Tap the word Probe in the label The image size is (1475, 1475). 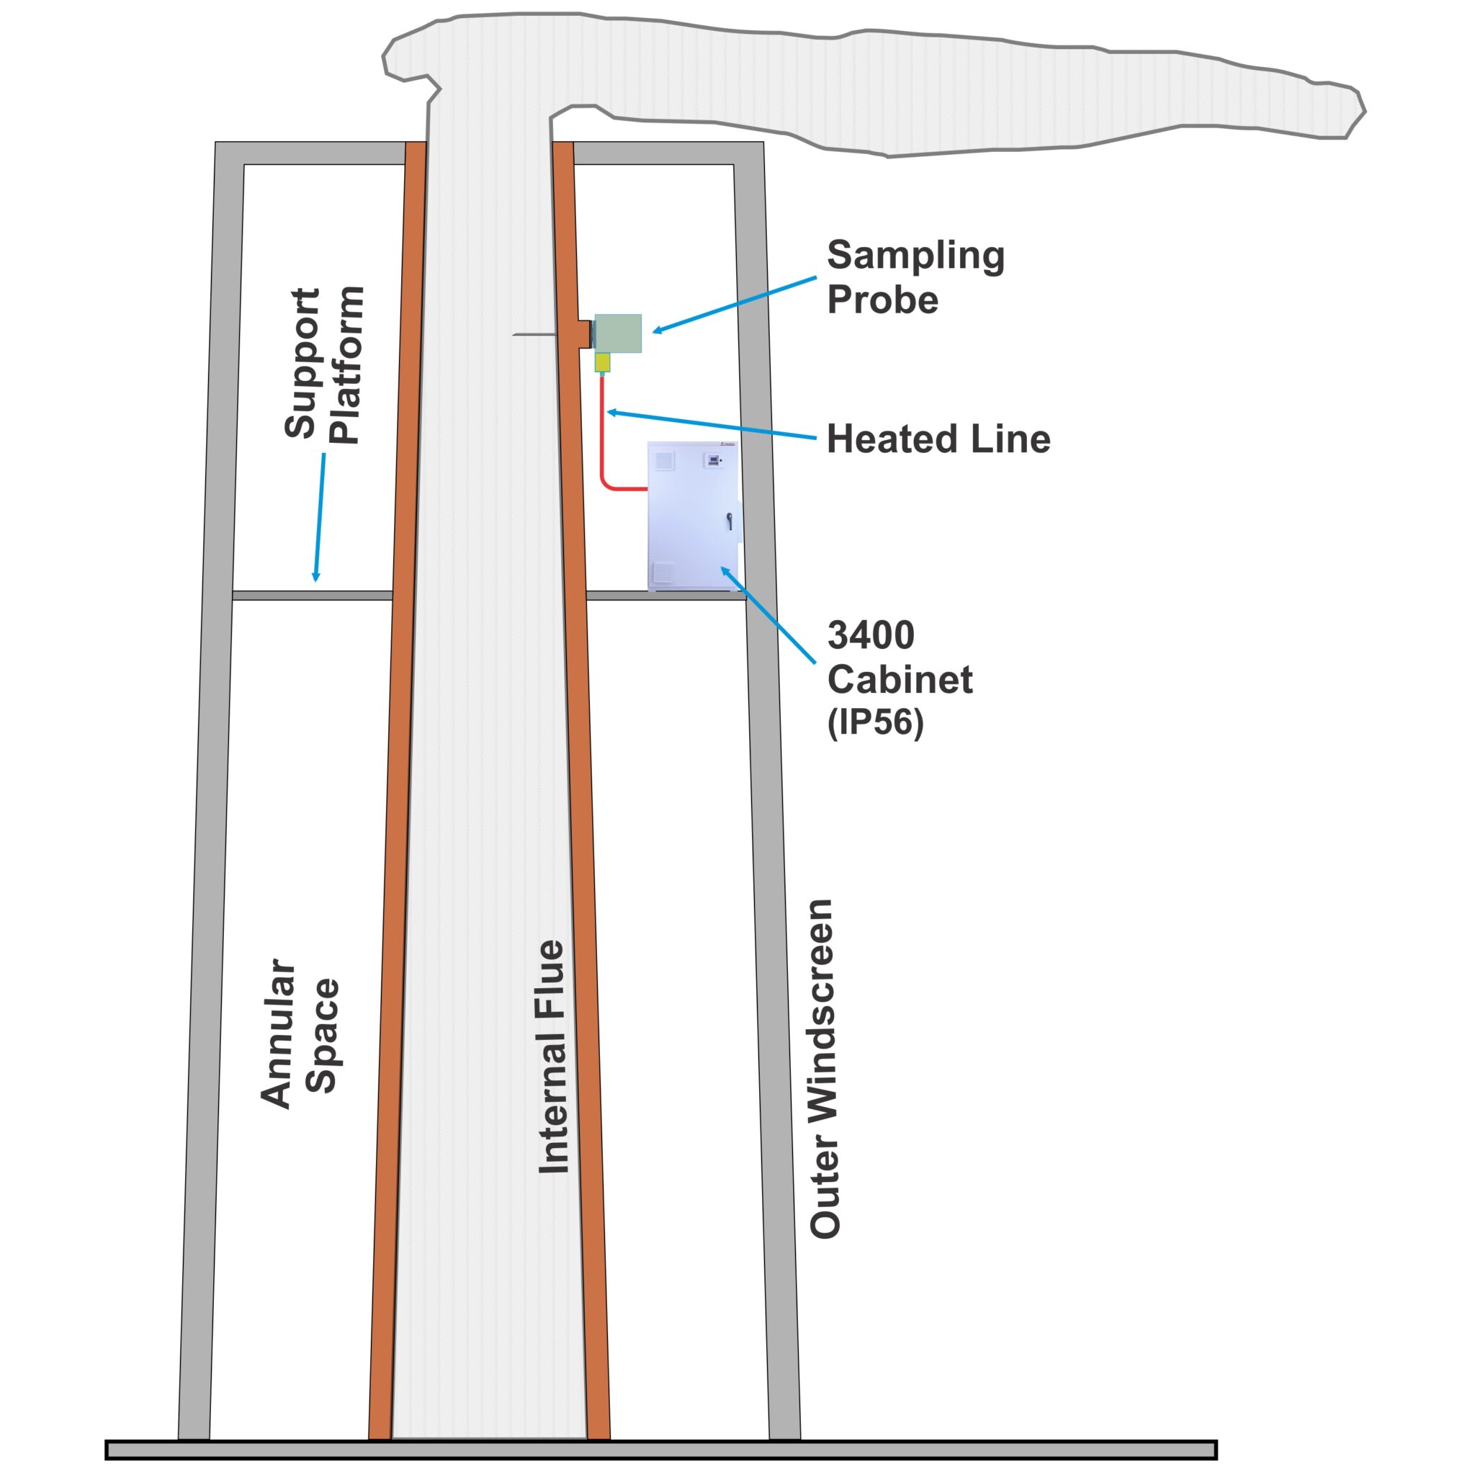(882, 300)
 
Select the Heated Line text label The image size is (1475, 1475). (938, 439)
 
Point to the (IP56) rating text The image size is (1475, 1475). (875, 722)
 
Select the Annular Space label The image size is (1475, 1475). (300, 1034)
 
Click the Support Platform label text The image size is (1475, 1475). (323, 365)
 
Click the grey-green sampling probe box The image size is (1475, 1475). (618, 333)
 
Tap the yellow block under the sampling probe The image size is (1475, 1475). (602, 362)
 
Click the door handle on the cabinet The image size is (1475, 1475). (730, 521)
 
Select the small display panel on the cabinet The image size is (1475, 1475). (713, 460)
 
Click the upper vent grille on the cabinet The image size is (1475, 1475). (664, 460)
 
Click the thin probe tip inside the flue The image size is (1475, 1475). (526, 334)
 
